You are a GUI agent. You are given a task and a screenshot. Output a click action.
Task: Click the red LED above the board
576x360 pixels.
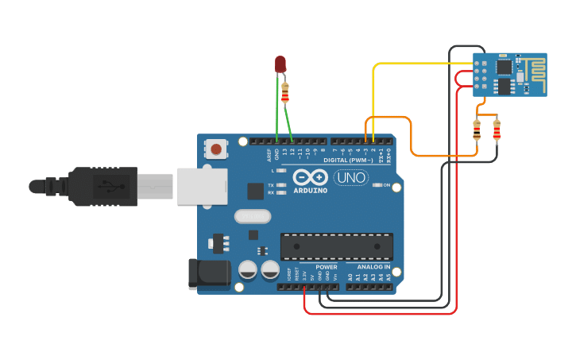[x=280, y=64]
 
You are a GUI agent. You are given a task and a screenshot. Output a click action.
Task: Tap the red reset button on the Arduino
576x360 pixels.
[x=215, y=148]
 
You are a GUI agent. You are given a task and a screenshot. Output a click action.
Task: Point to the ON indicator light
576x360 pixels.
[x=377, y=185]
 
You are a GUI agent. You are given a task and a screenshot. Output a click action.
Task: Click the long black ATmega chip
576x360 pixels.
[x=337, y=246]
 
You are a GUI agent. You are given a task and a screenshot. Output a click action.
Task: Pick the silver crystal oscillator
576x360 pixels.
[x=253, y=216]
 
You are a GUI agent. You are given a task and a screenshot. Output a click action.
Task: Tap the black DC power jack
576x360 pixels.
[x=203, y=275]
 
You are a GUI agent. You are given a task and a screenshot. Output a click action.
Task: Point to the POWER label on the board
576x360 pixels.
[x=327, y=267]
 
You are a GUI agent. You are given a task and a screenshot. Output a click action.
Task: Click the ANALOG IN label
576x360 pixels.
[x=373, y=267]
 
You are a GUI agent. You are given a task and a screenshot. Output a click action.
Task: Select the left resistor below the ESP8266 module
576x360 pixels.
[x=477, y=130]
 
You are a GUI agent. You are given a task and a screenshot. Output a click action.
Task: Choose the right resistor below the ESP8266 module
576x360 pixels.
[x=497, y=130]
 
